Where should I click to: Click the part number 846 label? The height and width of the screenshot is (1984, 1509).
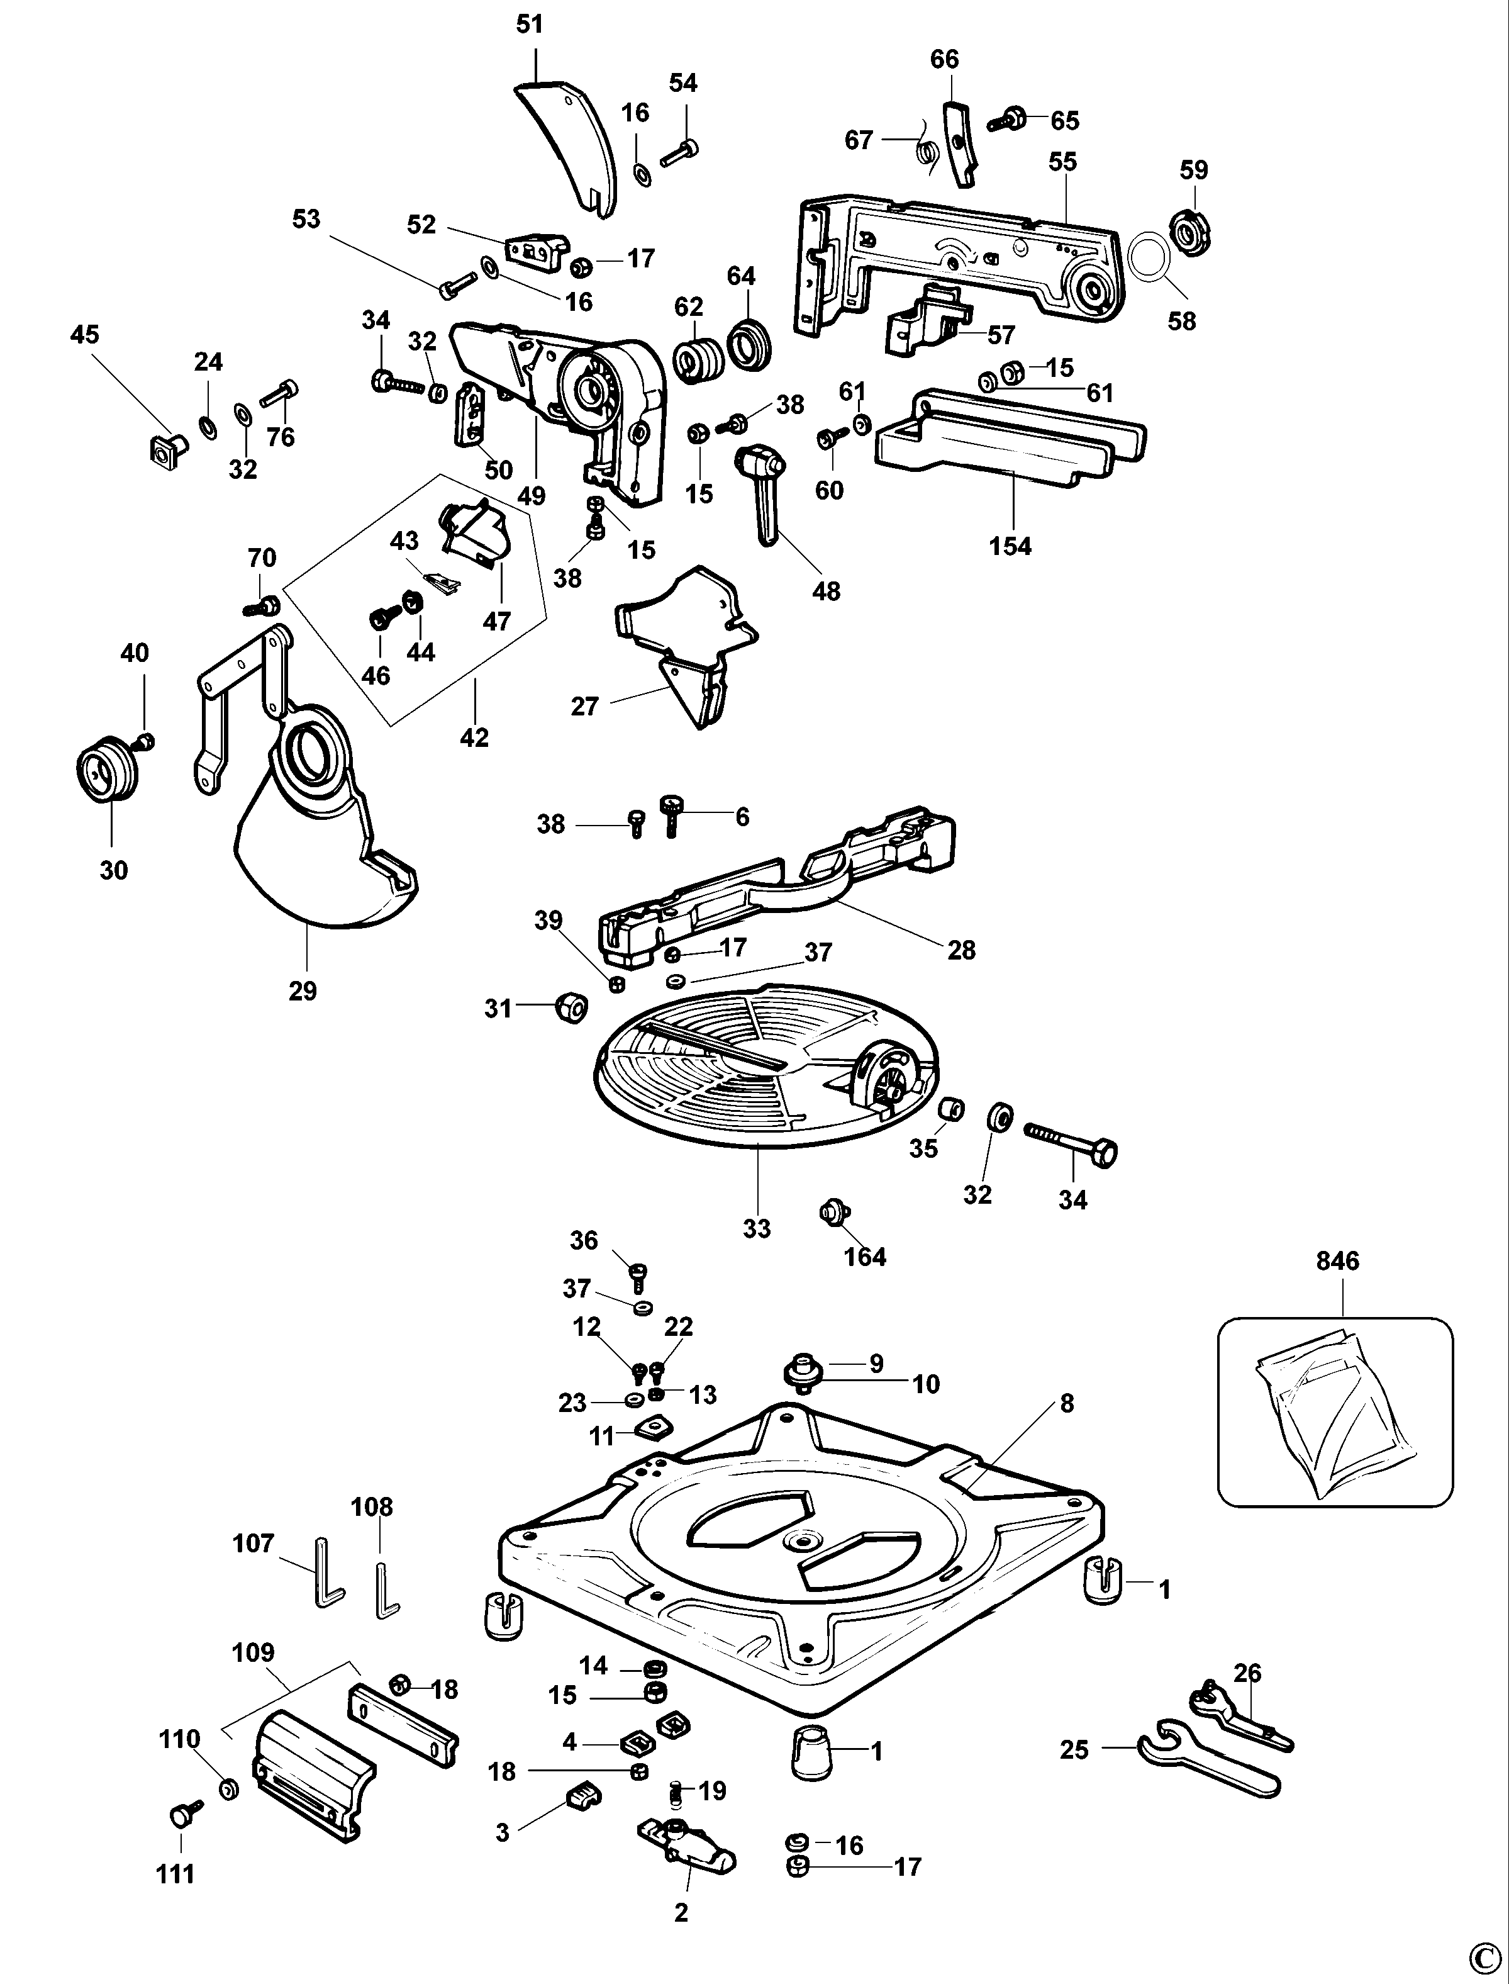tap(1337, 1260)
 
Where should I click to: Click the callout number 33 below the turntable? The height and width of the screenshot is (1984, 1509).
tap(756, 1228)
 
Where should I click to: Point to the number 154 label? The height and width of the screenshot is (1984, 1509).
tap(1010, 546)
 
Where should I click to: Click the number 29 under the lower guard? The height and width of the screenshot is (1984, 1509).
tap(303, 990)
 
